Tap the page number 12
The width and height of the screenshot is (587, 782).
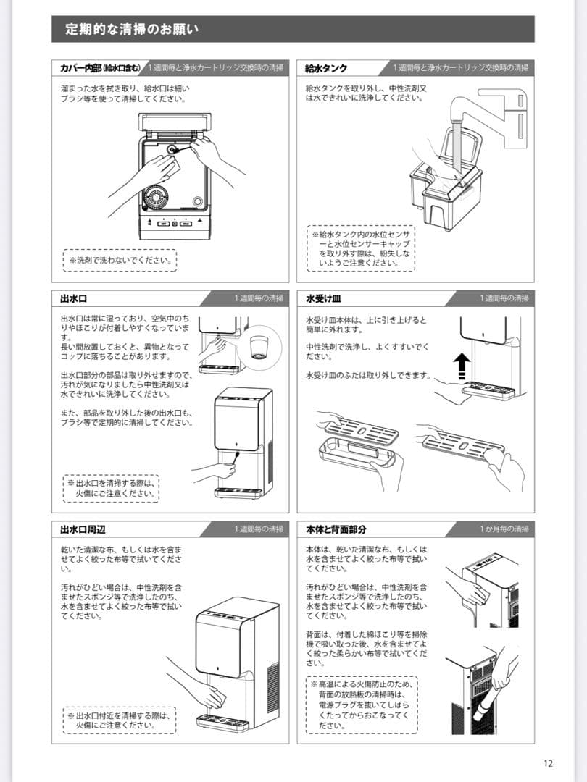[x=547, y=762]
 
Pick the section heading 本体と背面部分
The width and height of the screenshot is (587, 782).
[x=336, y=529]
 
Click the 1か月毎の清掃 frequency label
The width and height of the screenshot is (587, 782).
[x=504, y=529]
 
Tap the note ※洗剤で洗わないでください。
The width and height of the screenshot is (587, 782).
[x=120, y=260]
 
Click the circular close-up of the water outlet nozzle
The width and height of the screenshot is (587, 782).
[x=259, y=344]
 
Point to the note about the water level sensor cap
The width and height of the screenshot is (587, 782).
[x=360, y=249]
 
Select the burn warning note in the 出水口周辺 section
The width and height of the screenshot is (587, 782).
[x=120, y=719]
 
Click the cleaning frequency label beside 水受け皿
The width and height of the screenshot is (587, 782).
[x=504, y=298]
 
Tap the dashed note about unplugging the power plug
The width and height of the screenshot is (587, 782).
[x=359, y=704]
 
